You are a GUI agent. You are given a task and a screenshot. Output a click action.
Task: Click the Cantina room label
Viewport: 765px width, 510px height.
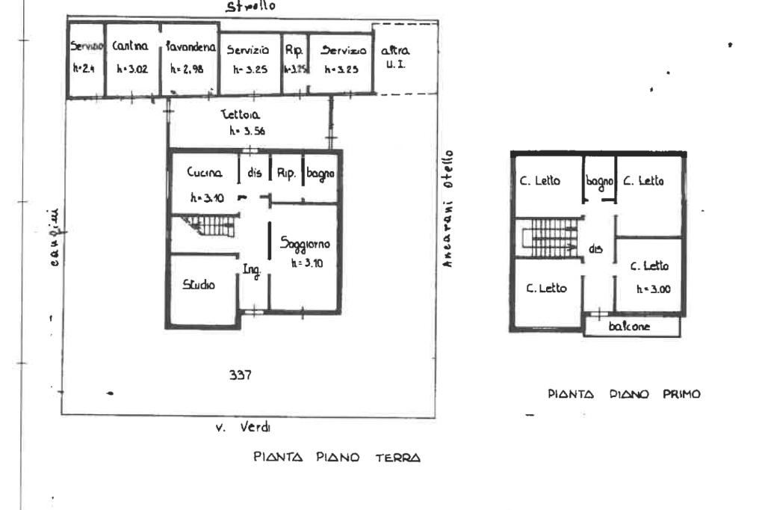coord(131,46)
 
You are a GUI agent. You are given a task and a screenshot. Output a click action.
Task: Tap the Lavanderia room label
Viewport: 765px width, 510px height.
coord(191,47)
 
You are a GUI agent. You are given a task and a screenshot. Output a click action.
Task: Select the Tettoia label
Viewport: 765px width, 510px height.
coord(239,115)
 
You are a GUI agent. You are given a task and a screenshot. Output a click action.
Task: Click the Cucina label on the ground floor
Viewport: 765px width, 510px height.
coord(204,173)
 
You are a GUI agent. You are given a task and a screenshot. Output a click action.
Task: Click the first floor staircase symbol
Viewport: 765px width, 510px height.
coord(554,239)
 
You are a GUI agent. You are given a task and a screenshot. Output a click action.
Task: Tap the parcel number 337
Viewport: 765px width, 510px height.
coord(239,376)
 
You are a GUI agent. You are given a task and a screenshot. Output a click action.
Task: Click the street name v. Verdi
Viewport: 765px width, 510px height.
coord(244,428)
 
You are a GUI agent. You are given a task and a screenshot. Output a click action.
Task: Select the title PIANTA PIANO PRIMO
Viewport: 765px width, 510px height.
coord(624,395)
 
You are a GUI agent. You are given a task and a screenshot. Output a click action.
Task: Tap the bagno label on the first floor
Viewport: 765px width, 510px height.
coord(599,180)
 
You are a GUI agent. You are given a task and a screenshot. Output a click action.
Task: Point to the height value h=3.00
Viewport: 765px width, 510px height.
coord(648,289)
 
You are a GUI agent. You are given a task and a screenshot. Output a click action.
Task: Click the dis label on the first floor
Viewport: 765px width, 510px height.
coord(596,249)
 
